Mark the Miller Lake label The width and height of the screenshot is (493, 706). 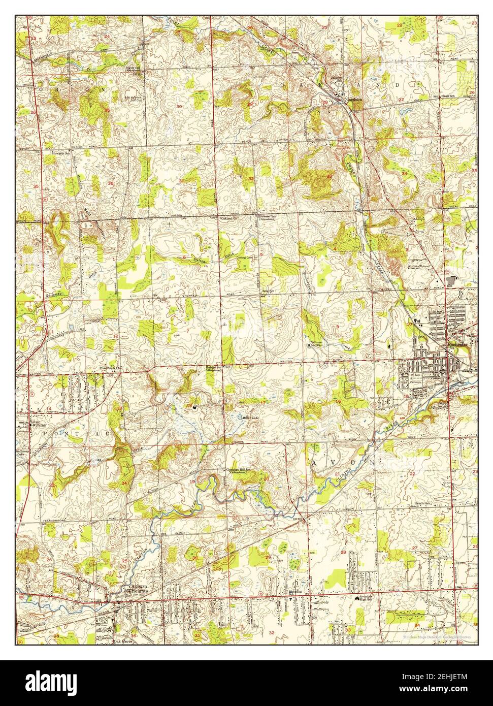coord(249,416)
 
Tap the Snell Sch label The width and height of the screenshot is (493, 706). coord(447,95)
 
